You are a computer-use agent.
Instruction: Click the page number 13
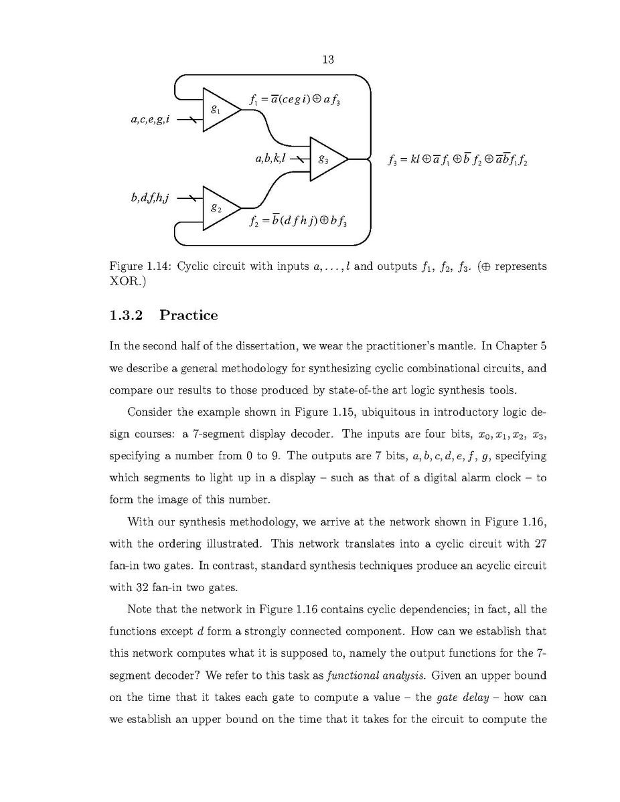328,60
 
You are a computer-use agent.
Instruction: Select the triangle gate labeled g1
218,108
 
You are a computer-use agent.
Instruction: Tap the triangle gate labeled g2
218,208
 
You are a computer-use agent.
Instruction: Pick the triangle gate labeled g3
326,159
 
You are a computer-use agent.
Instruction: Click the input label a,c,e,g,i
150,121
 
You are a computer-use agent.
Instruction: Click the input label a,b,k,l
270,159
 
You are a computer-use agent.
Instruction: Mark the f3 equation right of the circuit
458,160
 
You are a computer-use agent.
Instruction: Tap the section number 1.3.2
127,315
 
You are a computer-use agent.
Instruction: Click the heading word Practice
188,315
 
